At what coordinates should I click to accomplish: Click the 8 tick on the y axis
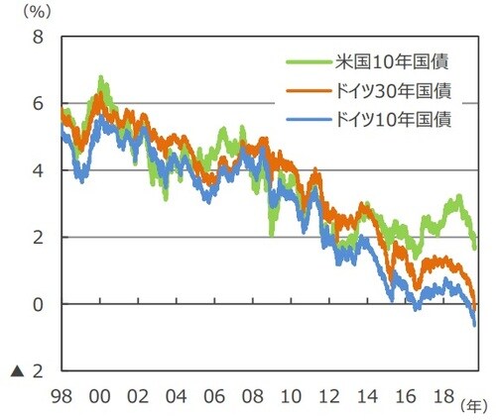[x=38, y=38]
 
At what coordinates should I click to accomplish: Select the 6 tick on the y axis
[x=38, y=104]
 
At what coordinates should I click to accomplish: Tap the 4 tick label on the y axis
[x=38, y=170]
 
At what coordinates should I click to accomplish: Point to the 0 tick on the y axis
[x=38, y=304]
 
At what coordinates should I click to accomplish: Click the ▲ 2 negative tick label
[x=27, y=370]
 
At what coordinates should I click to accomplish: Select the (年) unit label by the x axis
[x=473, y=404]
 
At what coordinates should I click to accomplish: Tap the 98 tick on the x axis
[x=61, y=394]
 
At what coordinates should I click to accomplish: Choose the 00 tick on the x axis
[x=99, y=394]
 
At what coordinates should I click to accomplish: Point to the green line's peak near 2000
[x=100, y=77]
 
